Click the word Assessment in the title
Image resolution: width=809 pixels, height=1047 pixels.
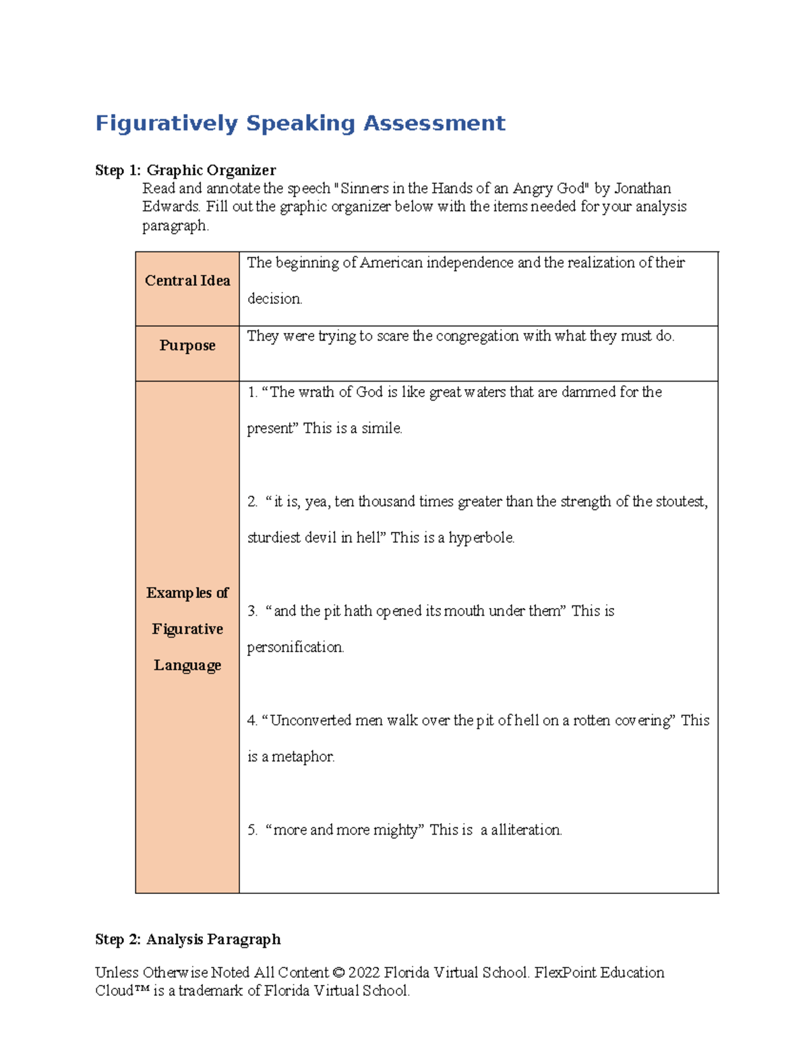click(434, 123)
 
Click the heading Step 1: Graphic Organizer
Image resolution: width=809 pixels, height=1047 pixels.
click(185, 170)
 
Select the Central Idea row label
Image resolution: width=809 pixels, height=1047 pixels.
click(187, 280)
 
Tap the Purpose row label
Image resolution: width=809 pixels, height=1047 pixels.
click(187, 345)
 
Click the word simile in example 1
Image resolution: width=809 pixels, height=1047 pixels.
click(381, 428)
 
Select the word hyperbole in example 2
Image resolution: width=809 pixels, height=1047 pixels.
click(481, 538)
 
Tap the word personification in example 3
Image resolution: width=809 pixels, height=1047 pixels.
click(295, 647)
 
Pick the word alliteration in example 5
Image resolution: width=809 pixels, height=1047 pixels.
click(526, 830)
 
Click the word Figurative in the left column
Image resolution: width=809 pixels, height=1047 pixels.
click(187, 629)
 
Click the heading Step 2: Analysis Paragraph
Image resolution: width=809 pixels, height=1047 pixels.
click(188, 939)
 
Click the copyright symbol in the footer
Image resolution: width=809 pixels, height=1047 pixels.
click(338, 973)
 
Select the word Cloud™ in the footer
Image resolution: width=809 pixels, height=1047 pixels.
click(122, 990)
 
